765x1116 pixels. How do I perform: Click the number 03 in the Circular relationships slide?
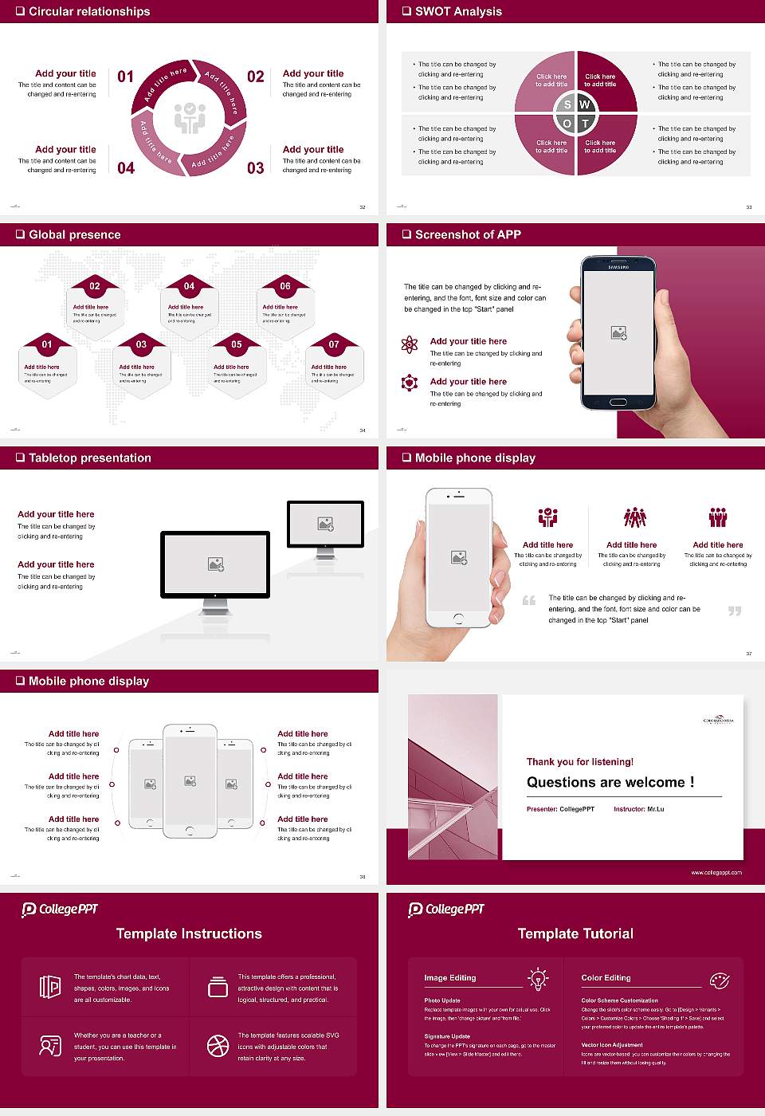[x=255, y=168]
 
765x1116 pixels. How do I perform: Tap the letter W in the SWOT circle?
[x=584, y=104]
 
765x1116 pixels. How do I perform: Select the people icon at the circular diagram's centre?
[x=190, y=117]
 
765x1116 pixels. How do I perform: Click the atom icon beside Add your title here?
[x=410, y=344]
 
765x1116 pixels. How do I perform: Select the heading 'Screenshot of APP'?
[x=468, y=234]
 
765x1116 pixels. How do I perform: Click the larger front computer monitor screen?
[x=215, y=564]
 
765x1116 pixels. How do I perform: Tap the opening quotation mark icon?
[x=529, y=600]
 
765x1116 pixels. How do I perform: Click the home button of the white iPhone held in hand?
[x=458, y=618]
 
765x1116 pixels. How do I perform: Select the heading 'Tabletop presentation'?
[x=89, y=458]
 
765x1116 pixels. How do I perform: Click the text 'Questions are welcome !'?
[x=610, y=782]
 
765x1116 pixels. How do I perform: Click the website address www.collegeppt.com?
[x=716, y=872]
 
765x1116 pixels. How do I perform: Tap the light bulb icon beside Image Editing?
[x=538, y=978]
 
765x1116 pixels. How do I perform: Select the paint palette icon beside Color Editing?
[x=719, y=980]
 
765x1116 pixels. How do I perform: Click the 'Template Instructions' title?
[x=189, y=933]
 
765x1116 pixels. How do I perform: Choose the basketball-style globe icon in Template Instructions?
[x=218, y=1046]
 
